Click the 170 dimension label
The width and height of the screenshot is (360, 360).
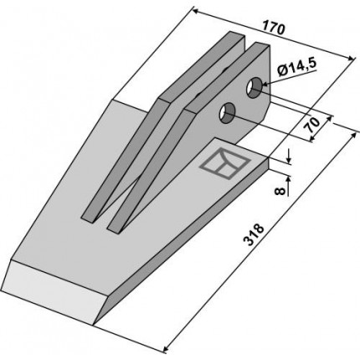click(274, 28)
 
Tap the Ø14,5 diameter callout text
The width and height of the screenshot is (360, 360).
click(297, 68)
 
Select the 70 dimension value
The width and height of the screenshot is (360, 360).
click(312, 125)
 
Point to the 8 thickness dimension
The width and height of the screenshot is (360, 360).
click(280, 191)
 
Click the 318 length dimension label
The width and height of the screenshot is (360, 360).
click(254, 234)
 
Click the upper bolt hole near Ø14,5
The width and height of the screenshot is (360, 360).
click(254, 87)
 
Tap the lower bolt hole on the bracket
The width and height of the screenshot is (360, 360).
click(228, 114)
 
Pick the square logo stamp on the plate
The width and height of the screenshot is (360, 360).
click(224, 163)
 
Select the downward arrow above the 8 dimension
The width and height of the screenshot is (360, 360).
click(288, 157)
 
